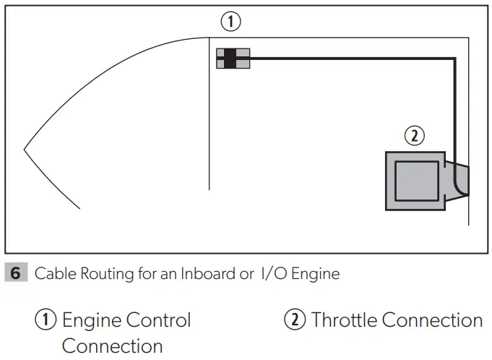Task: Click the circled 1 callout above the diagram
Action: coord(230,22)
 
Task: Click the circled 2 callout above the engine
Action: coord(413,135)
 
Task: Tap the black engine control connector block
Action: coord(230,59)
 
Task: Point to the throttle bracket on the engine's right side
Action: coord(458,180)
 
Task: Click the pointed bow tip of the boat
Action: coord(25,150)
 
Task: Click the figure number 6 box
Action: coord(16,273)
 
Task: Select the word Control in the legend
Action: coord(158,320)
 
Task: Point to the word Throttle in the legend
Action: coord(343,320)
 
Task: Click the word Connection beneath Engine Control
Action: coord(112,346)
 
